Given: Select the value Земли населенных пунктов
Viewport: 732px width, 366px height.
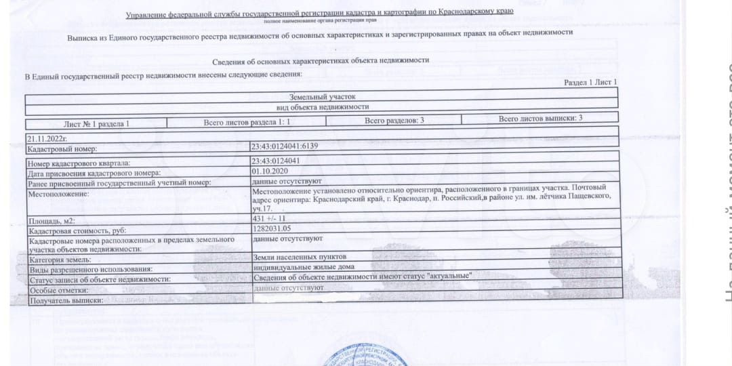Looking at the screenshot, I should coord(300,258).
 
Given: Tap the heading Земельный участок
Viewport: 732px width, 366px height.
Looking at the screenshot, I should coord(322,97).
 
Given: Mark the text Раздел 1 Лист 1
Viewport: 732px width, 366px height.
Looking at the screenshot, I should coord(590,82).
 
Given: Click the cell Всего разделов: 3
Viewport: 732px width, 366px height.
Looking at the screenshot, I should coord(394,120).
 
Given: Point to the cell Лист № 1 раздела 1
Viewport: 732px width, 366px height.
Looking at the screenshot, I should coord(96,124).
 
